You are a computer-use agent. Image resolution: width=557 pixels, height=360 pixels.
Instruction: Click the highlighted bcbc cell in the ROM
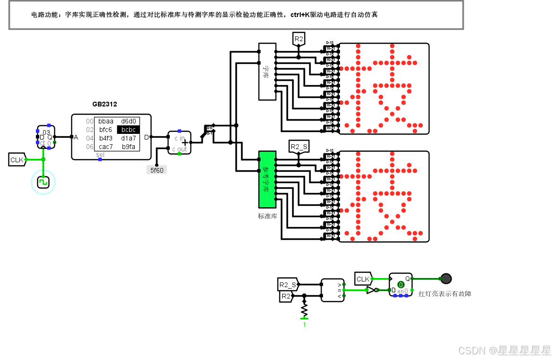click(x=128, y=130)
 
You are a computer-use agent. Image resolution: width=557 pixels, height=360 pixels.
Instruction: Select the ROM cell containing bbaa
click(x=106, y=121)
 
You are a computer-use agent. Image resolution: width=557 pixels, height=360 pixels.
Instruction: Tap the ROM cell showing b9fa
click(x=128, y=147)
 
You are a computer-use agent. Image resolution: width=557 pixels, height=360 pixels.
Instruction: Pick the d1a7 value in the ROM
click(x=128, y=138)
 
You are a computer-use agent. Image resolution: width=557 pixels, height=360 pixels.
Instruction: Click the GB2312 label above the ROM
click(x=104, y=104)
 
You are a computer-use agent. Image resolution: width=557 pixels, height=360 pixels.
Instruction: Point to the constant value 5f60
click(x=157, y=170)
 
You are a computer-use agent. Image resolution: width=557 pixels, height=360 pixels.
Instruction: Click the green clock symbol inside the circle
click(x=43, y=182)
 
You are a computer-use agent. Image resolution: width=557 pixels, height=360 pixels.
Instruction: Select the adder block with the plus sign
click(x=180, y=143)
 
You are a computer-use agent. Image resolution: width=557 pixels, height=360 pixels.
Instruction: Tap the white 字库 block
click(x=267, y=71)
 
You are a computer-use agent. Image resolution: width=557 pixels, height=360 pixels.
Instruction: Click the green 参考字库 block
click(x=267, y=180)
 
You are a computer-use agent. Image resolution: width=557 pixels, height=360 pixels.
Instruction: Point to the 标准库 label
click(x=267, y=216)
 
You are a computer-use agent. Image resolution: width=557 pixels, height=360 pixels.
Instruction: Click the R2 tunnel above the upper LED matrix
click(x=298, y=39)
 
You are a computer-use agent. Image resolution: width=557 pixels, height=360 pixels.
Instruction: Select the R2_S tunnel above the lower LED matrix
click(x=299, y=147)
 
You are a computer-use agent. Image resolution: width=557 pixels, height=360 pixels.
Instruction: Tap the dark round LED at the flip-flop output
click(x=445, y=279)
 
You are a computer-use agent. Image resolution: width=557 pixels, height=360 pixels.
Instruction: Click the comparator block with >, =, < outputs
click(x=332, y=290)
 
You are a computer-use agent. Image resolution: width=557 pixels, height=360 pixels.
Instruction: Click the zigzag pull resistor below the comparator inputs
click(x=305, y=310)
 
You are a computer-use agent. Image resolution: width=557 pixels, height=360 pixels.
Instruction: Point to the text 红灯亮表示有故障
click(x=444, y=294)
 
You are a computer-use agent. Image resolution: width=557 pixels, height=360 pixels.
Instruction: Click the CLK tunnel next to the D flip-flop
click(x=363, y=279)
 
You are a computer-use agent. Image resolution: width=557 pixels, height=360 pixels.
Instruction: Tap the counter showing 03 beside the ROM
click(x=46, y=137)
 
